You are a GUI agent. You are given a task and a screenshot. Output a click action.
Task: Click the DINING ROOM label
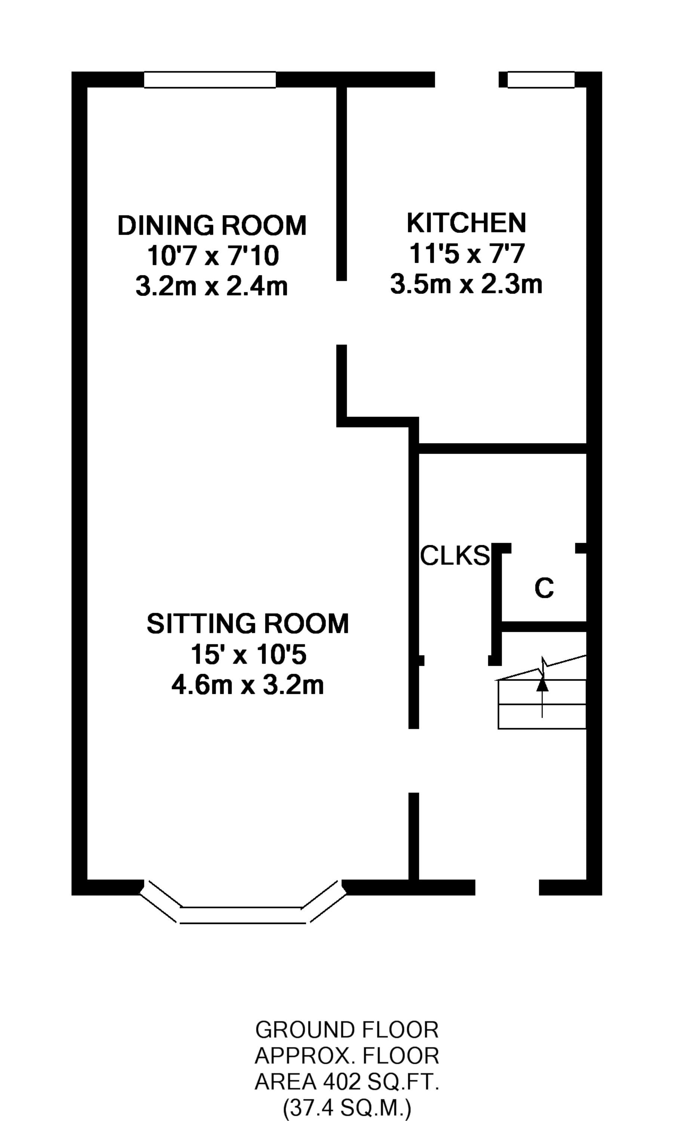tap(212, 226)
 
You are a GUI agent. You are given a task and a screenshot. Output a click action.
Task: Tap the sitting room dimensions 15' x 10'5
tap(248, 654)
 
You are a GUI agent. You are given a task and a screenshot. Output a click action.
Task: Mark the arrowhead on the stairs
tap(543, 684)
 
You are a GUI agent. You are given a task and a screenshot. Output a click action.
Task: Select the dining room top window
tap(210, 80)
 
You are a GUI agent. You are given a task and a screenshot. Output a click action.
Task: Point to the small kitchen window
tap(541, 80)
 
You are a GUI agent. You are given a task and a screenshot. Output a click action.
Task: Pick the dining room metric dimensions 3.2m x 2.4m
tap(212, 286)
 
